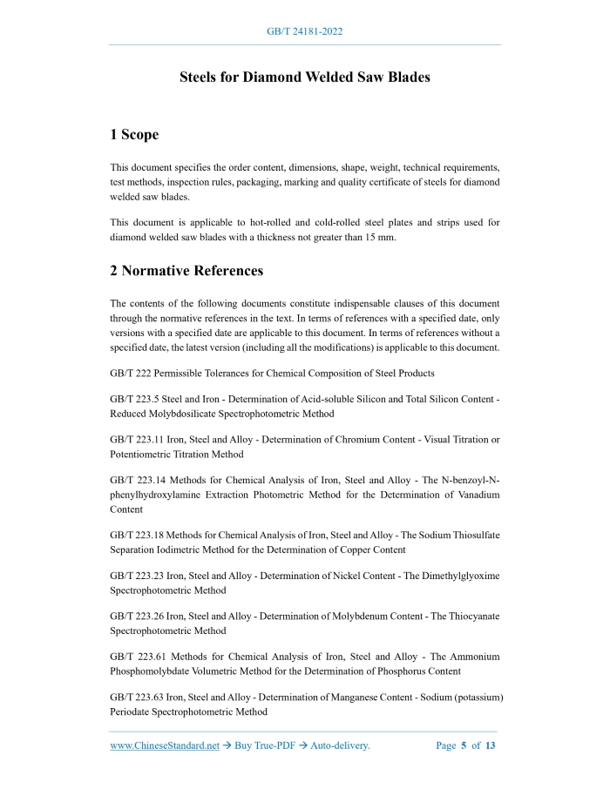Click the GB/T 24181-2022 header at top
click(304, 31)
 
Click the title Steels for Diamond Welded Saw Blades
click(304, 78)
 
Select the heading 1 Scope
click(134, 135)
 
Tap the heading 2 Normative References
click(186, 271)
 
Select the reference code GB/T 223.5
click(135, 399)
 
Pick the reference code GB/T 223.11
click(138, 440)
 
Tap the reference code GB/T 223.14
click(139, 481)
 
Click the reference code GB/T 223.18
click(138, 536)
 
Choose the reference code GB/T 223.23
click(138, 577)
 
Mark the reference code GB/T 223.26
click(138, 617)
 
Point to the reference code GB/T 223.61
click(139, 657)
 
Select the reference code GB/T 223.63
click(138, 698)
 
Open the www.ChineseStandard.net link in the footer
click(165, 746)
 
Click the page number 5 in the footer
click(464, 746)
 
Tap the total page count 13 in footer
click(491, 746)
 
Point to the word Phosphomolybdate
click(151, 671)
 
